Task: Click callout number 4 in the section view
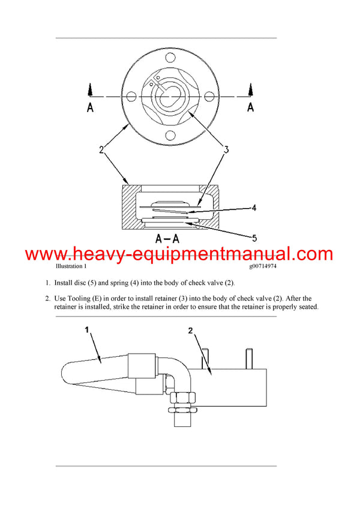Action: [x=254, y=208]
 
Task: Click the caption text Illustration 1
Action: [x=71, y=266]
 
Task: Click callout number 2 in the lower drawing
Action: [x=191, y=330]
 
